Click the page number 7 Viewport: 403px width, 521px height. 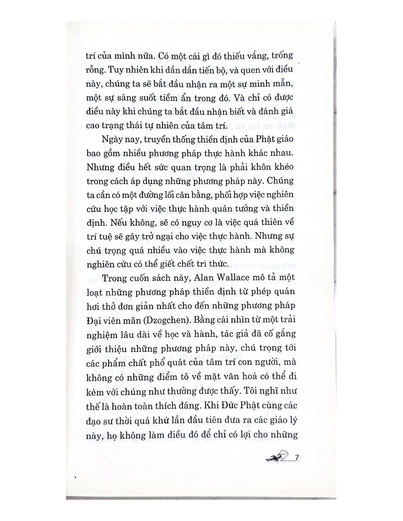296,457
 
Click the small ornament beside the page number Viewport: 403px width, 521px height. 277,457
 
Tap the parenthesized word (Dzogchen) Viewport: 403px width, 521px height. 167,320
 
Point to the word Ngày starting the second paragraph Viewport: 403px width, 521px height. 112,139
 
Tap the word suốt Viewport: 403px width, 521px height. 144,98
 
